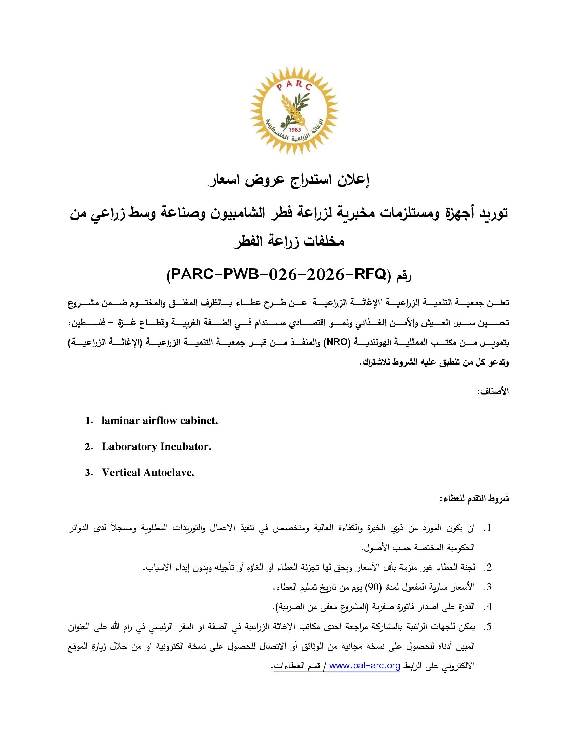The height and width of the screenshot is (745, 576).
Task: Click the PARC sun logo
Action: click(x=294, y=110)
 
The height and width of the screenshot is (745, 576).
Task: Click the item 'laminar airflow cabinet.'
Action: click(x=160, y=421)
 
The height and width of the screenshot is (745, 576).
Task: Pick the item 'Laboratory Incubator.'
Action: click(x=156, y=447)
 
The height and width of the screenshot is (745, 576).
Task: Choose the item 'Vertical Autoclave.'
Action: click(x=148, y=472)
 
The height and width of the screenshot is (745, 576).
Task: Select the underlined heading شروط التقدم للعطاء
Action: click(x=474, y=499)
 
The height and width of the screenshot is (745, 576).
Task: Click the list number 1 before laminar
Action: click(x=88, y=421)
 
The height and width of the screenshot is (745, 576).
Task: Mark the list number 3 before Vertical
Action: click(x=88, y=473)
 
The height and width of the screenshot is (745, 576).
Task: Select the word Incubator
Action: click(x=184, y=447)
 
